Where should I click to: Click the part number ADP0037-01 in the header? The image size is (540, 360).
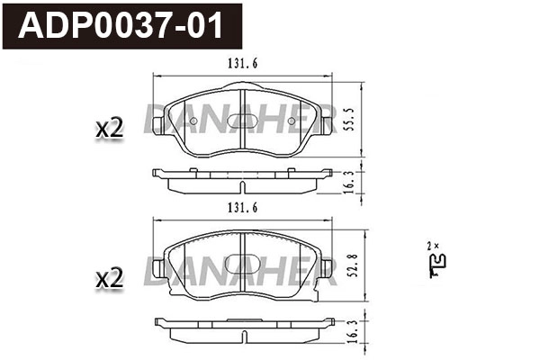pyautogui.click(x=126, y=26)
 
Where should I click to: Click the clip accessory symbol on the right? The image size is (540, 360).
pyautogui.click(x=439, y=262)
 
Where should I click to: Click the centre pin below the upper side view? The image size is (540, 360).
pyautogui.click(x=244, y=186)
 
